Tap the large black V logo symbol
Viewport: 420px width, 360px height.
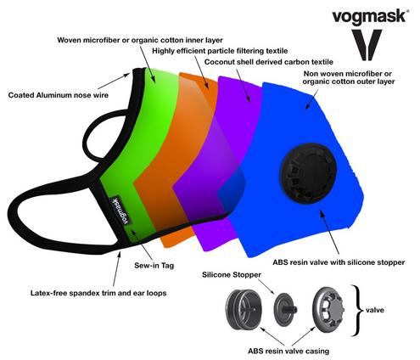[x=367, y=45]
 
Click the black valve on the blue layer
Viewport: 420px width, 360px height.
[x=308, y=173]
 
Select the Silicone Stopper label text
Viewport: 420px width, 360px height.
[x=232, y=275]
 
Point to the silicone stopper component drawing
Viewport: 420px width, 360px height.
[x=285, y=310]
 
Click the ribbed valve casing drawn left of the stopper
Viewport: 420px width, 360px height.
[x=244, y=310]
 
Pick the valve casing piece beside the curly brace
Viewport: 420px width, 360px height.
[x=328, y=311]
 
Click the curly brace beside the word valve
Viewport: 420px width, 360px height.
[x=357, y=311]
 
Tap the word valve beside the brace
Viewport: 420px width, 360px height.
[x=375, y=310]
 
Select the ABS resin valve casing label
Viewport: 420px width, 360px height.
[x=288, y=352]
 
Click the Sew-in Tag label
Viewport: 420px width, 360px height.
[x=154, y=266]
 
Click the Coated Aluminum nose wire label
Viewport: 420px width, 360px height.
[x=59, y=95]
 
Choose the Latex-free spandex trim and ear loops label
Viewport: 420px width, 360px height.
[x=98, y=293]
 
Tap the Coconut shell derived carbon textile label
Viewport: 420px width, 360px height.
[x=269, y=62]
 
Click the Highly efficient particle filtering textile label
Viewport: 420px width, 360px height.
[x=220, y=51]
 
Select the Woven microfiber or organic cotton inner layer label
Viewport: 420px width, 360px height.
[x=140, y=40]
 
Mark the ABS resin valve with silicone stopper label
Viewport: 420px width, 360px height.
[x=339, y=262]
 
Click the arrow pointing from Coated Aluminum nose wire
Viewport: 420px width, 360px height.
[x=114, y=81]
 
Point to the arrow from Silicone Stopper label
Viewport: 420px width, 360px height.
[x=266, y=286]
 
